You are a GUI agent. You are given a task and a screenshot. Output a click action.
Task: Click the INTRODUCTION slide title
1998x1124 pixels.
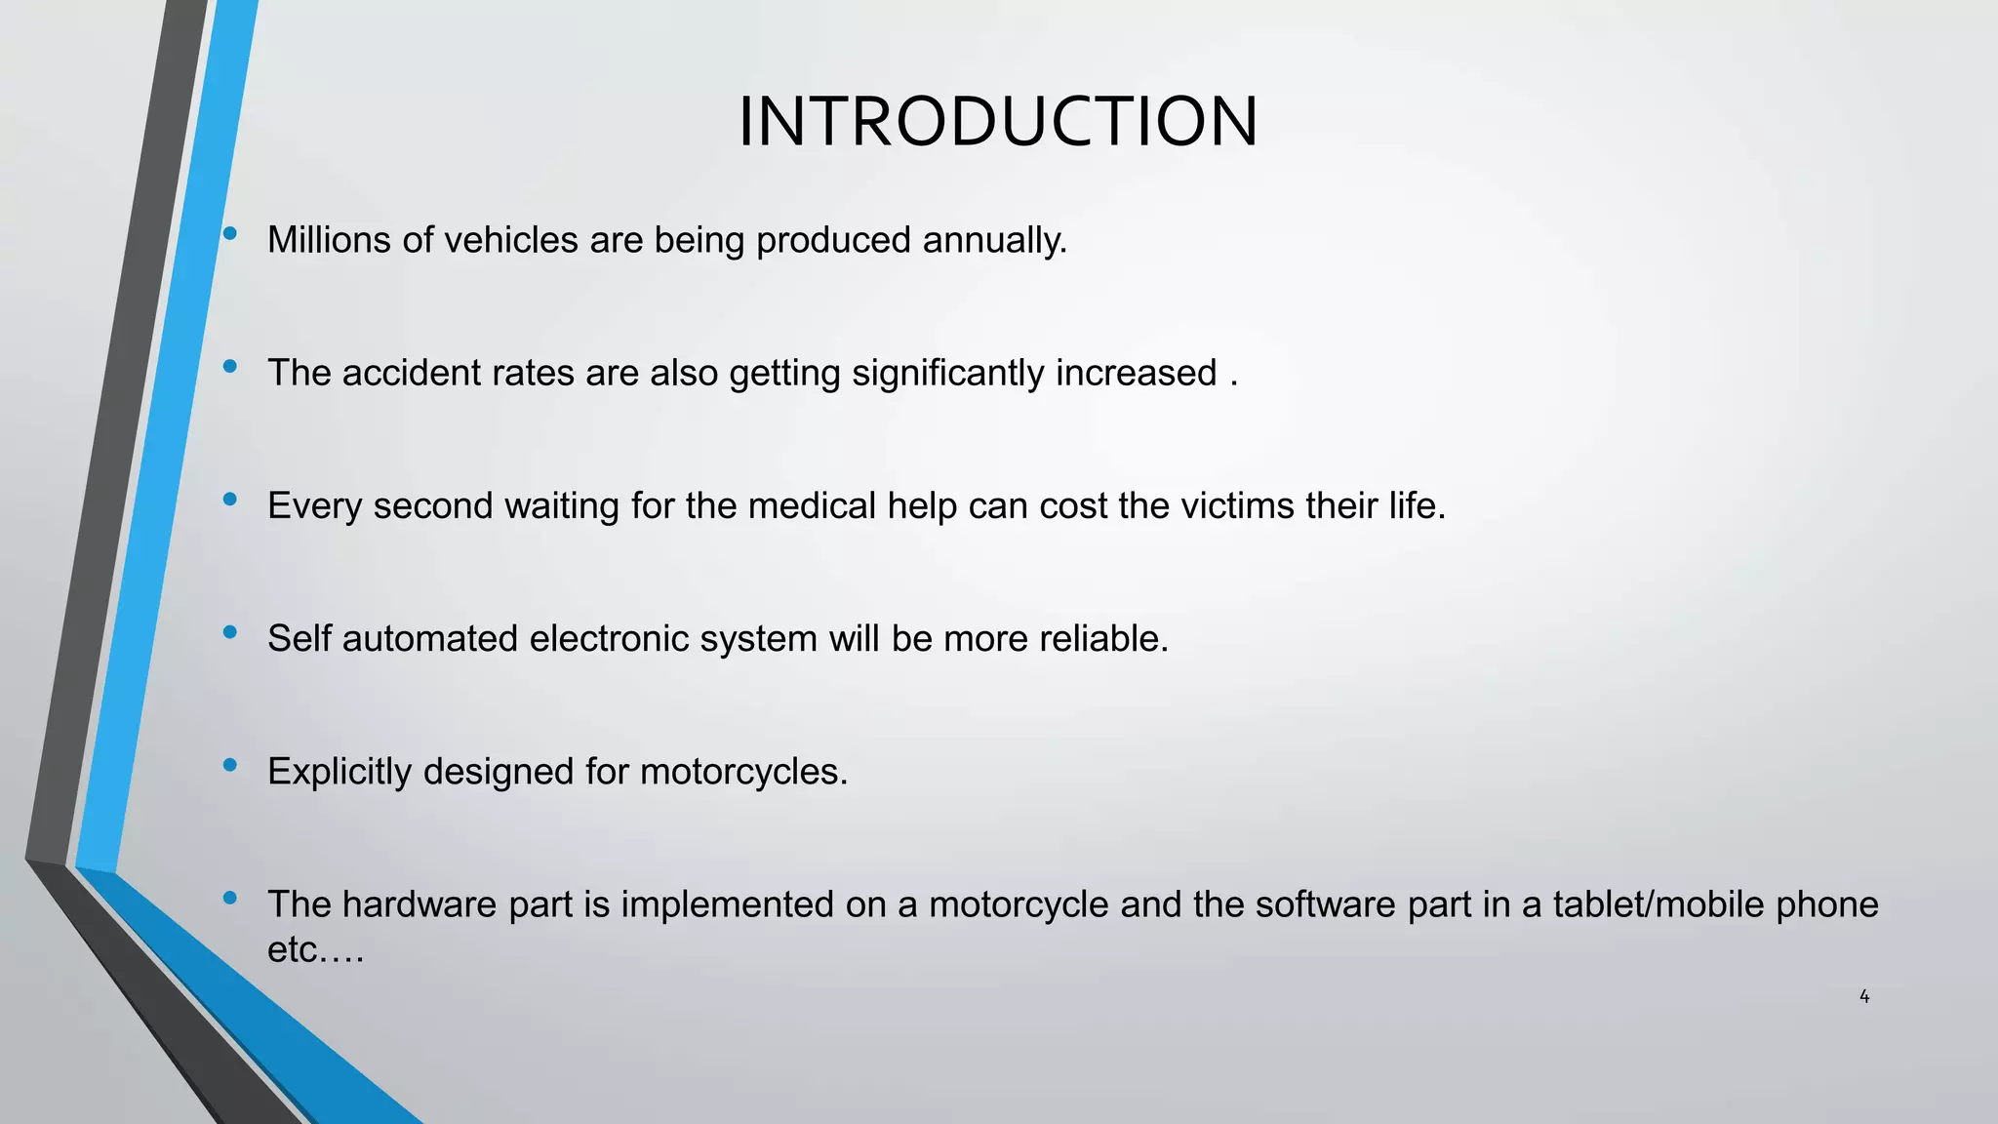click(x=998, y=122)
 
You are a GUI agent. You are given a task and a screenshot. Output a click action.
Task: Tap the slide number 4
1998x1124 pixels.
click(x=1864, y=996)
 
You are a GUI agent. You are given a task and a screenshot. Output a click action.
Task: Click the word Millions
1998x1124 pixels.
click(x=329, y=240)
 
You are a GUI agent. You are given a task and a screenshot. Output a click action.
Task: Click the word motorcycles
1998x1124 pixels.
click(x=743, y=772)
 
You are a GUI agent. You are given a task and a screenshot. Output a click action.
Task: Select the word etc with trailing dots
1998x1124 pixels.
click(x=315, y=949)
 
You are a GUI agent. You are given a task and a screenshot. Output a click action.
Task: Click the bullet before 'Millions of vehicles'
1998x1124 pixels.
click(x=230, y=233)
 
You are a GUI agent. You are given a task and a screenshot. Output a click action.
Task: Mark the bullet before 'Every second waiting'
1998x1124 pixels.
click(x=230, y=499)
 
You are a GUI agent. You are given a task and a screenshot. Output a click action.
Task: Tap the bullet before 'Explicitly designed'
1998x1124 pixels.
click(x=230, y=765)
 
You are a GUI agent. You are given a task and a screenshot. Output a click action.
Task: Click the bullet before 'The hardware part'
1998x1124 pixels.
click(x=230, y=898)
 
